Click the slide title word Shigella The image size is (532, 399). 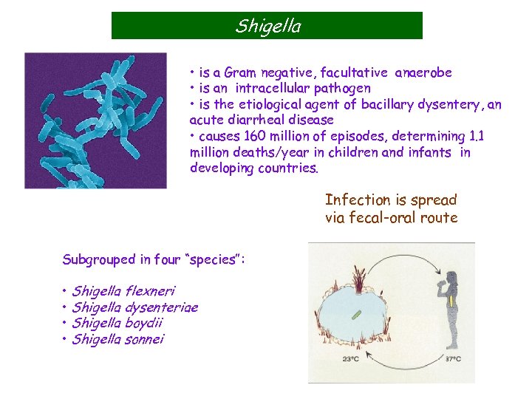pyautogui.click(x=267, y=27)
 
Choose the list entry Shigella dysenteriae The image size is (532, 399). pyautogui.click(x=135, y=307)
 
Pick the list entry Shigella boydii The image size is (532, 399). pyautogui.click(x=117, y=323)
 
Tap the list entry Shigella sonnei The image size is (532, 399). pyautogui.click(x=118, y=339)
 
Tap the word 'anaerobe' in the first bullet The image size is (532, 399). pyautogui.click(x=423, y=72)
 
